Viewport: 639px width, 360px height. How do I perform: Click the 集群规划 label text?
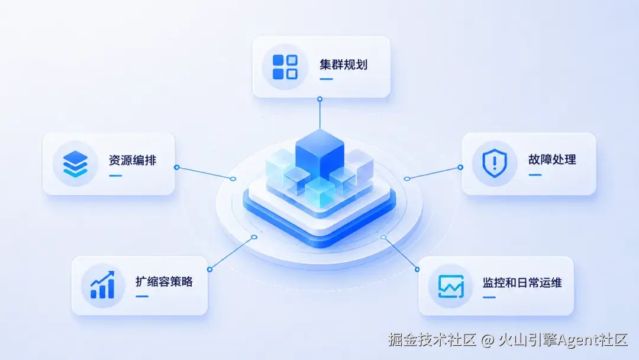pos(343,65)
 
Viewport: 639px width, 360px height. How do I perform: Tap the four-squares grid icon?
pos(285,67)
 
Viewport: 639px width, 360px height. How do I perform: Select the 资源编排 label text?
pos(133,160)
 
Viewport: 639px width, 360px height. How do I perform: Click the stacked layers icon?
pos(75,164)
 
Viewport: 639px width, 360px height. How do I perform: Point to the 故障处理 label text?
pos(552,159)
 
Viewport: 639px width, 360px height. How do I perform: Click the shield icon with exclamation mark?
pos(495,163)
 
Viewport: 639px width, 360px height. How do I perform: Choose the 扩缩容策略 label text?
pos(164,282)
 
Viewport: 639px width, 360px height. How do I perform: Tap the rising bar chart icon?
pos(102,285)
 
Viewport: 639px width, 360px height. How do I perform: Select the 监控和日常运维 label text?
pos(522,282)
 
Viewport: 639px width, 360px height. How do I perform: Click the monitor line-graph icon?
pos(451,286)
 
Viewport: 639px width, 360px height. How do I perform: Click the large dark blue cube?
pos(320,153)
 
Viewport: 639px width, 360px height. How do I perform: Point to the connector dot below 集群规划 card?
pos(320,99)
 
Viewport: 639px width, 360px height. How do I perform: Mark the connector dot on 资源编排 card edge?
pos(176,167)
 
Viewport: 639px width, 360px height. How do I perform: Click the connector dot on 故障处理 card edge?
pos(460,167)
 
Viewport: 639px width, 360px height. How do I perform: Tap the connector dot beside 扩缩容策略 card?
pos(209,269)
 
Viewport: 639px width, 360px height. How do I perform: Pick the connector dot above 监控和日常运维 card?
pos(417,269)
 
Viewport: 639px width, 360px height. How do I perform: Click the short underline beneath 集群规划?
pos(327,79)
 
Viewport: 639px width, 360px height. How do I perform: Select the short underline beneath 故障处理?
pos(535,175)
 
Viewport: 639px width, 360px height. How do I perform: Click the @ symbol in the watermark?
pos(488,340)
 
